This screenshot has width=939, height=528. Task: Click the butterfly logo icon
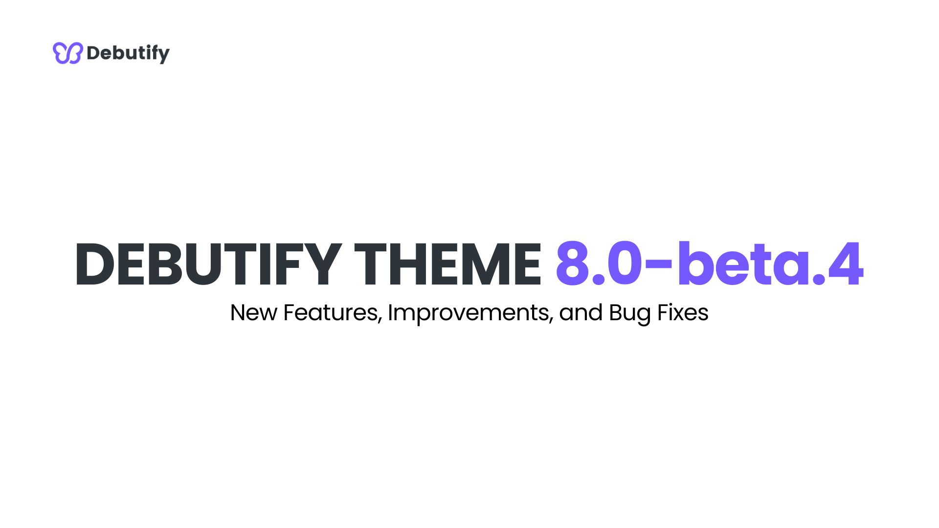pos(67,53)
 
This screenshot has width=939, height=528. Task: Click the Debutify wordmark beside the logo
pos(128,53)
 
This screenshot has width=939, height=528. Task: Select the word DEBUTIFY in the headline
pos(208,264)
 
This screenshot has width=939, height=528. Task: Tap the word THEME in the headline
pos(447,264)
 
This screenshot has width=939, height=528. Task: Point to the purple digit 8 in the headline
pos(572,264)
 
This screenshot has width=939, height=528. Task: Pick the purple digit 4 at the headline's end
pos(846,264)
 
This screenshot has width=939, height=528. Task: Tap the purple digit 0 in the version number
pos(625,264)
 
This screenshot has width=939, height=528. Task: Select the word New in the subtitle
pos(253,313)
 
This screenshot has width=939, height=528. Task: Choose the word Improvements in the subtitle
pos(470,313)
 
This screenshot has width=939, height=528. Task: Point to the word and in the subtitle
pos(581,313)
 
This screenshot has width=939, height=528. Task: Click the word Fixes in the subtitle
pos(683,313)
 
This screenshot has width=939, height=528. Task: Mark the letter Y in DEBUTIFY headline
pos(321,264)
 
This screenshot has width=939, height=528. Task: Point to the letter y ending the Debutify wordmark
pos(163,55)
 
